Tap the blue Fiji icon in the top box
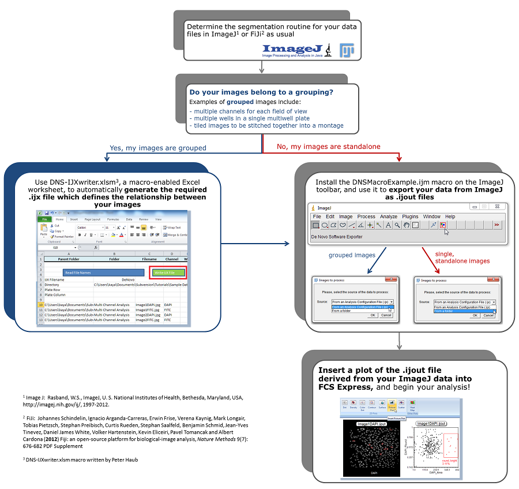(x=347, y=50)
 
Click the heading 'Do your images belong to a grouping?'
(x=261, y=92)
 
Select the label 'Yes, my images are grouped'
(x=157, y=148)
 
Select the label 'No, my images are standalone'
(x=329, y=147)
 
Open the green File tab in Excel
(x=44, y=219)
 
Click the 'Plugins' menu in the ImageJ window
(x=410, y=216)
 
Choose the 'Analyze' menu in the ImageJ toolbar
(x=389, y=216)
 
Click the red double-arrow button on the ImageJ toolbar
(x=497, y=225)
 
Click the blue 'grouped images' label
(x=351, y=255)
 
